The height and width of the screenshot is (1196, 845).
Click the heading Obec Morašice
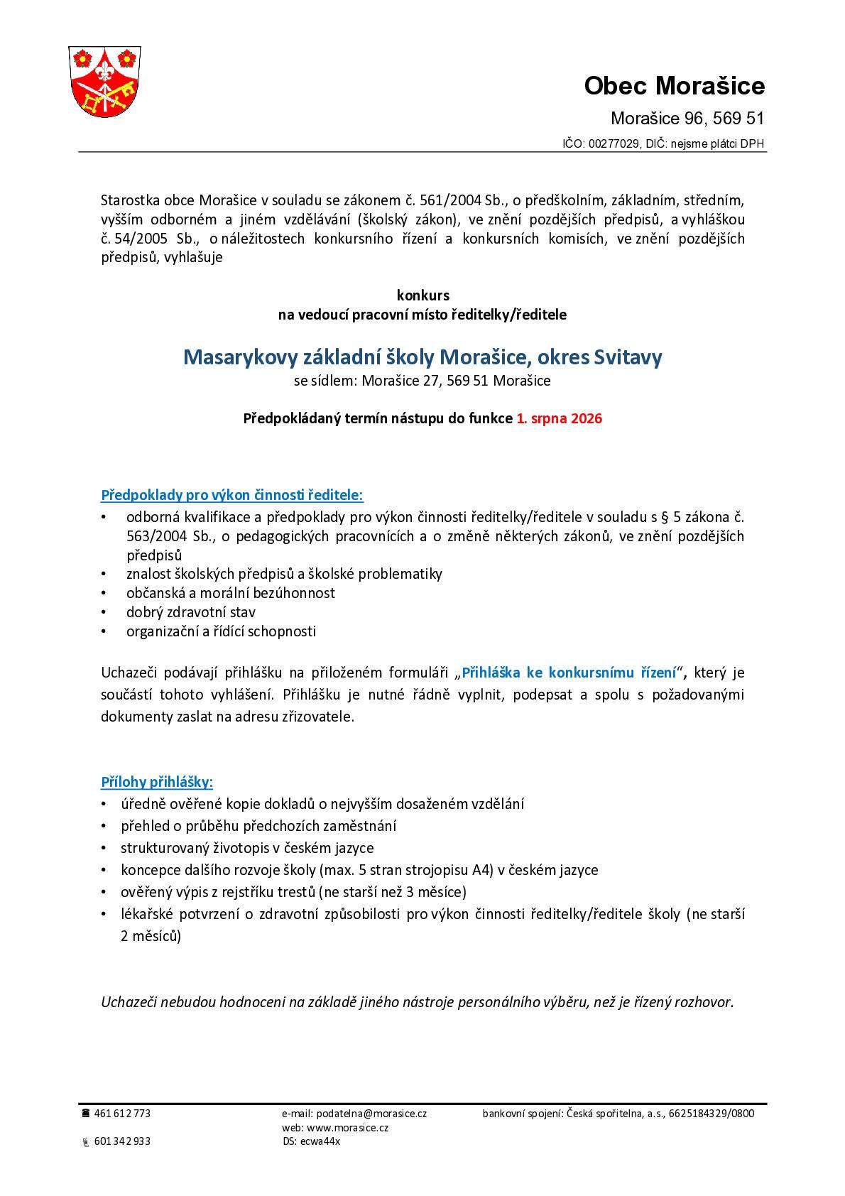(674, 86)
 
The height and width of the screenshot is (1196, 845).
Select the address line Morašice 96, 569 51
(687, 119)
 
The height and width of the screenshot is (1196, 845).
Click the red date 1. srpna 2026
(559, 418)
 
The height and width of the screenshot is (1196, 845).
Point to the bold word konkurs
(422, 295)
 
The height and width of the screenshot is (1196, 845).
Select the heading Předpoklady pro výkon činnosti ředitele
(232, 494)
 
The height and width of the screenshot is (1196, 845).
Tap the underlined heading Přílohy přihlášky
(157, 782)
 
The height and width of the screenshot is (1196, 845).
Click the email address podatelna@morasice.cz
(371, 1114)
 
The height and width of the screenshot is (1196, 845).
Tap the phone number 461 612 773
(122, 1114)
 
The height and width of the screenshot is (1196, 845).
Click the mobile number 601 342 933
(122, 1141)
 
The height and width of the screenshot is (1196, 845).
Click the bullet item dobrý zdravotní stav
(191, 611)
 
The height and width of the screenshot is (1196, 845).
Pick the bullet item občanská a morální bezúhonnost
(231, 592)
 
